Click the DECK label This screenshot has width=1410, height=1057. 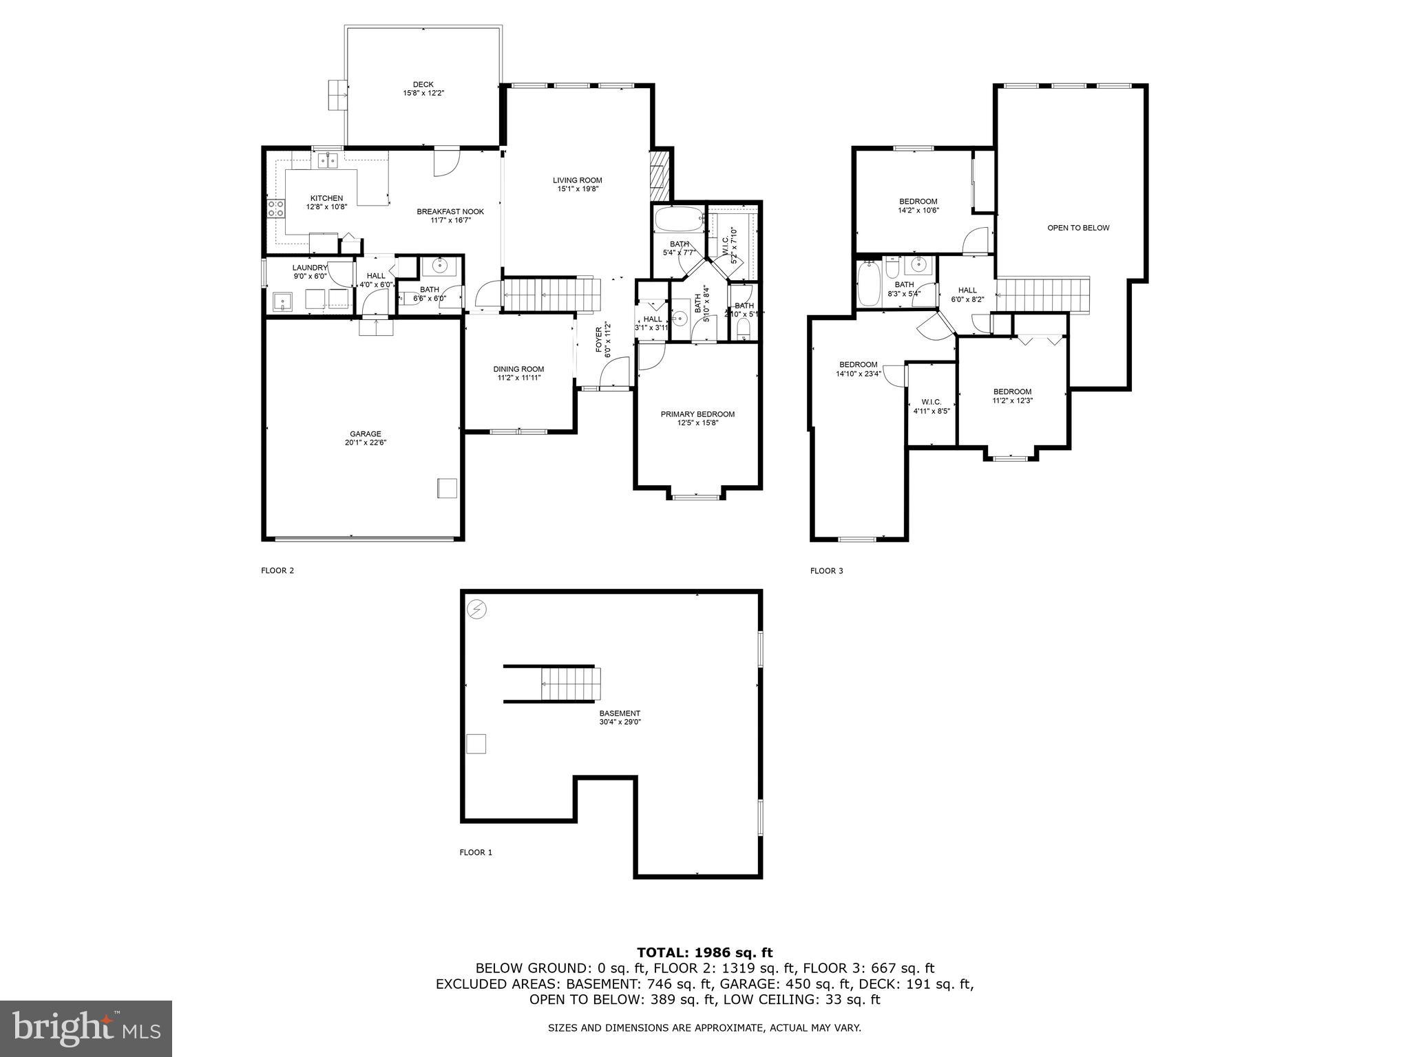pos(423,85)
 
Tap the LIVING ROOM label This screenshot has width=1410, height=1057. pos(577,180)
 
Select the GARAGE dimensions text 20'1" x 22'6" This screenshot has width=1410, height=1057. pos(365,442)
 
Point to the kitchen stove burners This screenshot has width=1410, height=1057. pos(276,209)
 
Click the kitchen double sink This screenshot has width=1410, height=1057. pos(327,160)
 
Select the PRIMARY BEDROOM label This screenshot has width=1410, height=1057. pos(697,414)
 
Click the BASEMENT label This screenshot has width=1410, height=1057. pos(620,713)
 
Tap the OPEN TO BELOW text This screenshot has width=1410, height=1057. pos(1078,228)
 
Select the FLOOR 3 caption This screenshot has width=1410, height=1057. pos(826,570)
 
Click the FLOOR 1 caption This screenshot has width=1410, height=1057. pos(476,852)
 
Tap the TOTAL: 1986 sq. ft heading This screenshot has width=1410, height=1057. pos(704,952)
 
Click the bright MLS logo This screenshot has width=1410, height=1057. pos(86,1029)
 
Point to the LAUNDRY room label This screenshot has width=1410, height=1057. pos(310,268)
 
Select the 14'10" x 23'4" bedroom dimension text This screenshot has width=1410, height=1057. pos(859,374)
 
